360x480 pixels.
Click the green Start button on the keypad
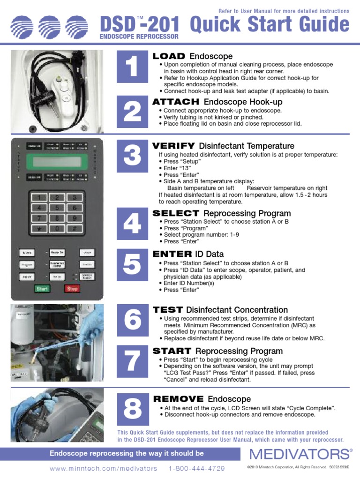[x=42, y=289]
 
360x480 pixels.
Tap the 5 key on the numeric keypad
[x=57, y=207]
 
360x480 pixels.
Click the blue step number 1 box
[x=133, y=68]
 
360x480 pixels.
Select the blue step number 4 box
[x=133, y=225]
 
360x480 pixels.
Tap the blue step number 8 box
[x=133, y=409]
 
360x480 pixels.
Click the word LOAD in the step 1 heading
[x=169, y=56]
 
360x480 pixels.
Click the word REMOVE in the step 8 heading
[x=178, y=399]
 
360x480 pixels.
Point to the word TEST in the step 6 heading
[x=167, y=310]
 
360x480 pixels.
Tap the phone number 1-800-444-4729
[x=196, y=468]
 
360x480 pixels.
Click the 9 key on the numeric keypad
[x=73, y=218]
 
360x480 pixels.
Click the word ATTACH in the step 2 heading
[x=176, y=102]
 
